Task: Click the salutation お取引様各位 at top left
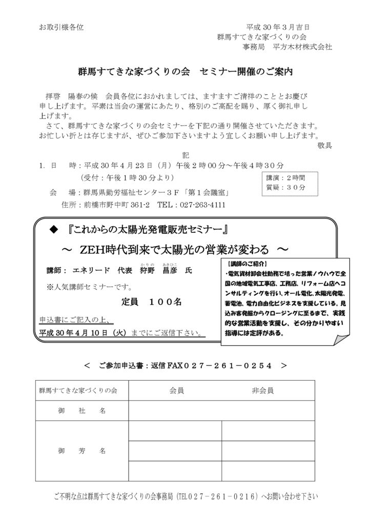[61, 27]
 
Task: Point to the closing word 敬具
[324, 145]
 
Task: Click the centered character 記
[186, 155]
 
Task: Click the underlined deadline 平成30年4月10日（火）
[84, 332]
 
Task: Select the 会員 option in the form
[176, 391]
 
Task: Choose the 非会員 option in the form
[262, 391]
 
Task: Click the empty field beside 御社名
[221, 410]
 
